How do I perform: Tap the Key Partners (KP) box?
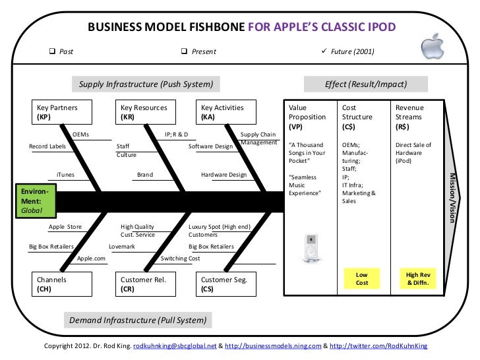tap(62, 112)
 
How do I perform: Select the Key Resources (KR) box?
tap(146, 112)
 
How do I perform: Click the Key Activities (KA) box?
tap(227, 112)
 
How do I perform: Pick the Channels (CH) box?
tap(62, 284)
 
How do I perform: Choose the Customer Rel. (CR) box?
tap(146, 284)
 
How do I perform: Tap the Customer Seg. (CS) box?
tap(227, 284)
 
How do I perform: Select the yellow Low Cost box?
tap(361, 278)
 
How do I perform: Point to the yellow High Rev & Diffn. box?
tap(417, 278)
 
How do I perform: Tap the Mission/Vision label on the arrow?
tap(452, 197)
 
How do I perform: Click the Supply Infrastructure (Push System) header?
tap(146, 84)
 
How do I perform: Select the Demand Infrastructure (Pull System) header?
tap(138, 320)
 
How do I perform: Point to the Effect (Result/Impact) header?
tap(366, 84)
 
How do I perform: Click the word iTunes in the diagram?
tap(65, 175)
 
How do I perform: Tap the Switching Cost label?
tap(180, 258)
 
